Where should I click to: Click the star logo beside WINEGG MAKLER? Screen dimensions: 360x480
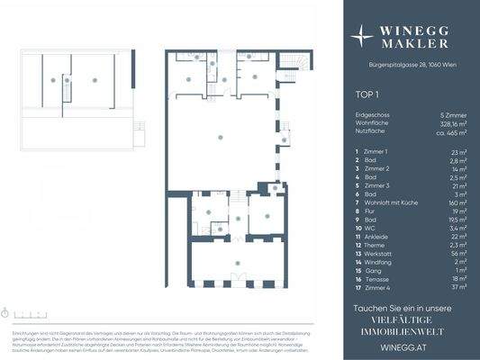point(362,36)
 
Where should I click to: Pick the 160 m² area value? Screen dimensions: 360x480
point(457,193)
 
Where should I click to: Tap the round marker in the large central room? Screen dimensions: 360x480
point(221,137)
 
